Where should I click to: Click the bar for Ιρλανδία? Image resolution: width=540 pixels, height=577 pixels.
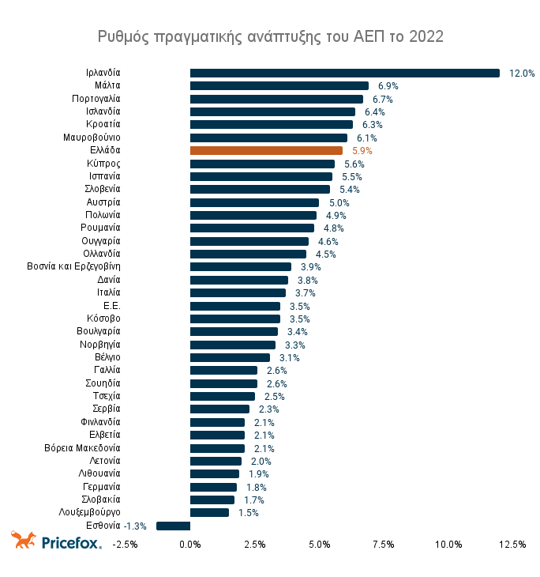pos(344,73)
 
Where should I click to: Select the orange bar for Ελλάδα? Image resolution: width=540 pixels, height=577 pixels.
pos(266,150)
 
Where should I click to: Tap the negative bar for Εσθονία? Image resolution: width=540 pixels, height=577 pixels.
pos(173,526)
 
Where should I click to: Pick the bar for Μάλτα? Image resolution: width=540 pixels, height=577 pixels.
pos(279,85)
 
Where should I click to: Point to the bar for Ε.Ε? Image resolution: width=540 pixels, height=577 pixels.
pos(234,306)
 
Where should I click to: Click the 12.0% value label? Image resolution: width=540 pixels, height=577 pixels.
pos(522,73)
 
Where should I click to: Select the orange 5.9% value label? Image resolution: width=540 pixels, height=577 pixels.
pos(362,150)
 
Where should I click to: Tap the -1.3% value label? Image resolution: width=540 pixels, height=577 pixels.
pos(136,526)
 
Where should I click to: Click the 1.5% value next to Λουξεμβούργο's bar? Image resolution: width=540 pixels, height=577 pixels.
pos(248,513)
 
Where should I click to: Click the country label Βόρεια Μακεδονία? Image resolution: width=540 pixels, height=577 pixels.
pos(82,448)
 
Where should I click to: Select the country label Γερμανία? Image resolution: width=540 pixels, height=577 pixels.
pos(100,487)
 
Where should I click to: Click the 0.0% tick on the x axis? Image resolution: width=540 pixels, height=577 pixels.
pos(190,544)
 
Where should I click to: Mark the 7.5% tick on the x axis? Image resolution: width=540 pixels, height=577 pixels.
pos(384,544)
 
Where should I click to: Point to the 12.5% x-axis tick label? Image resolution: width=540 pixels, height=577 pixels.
pos(512,544)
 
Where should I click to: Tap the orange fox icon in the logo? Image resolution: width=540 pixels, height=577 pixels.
pos(23,541)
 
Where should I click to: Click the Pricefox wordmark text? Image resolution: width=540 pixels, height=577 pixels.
pos(70,542)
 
